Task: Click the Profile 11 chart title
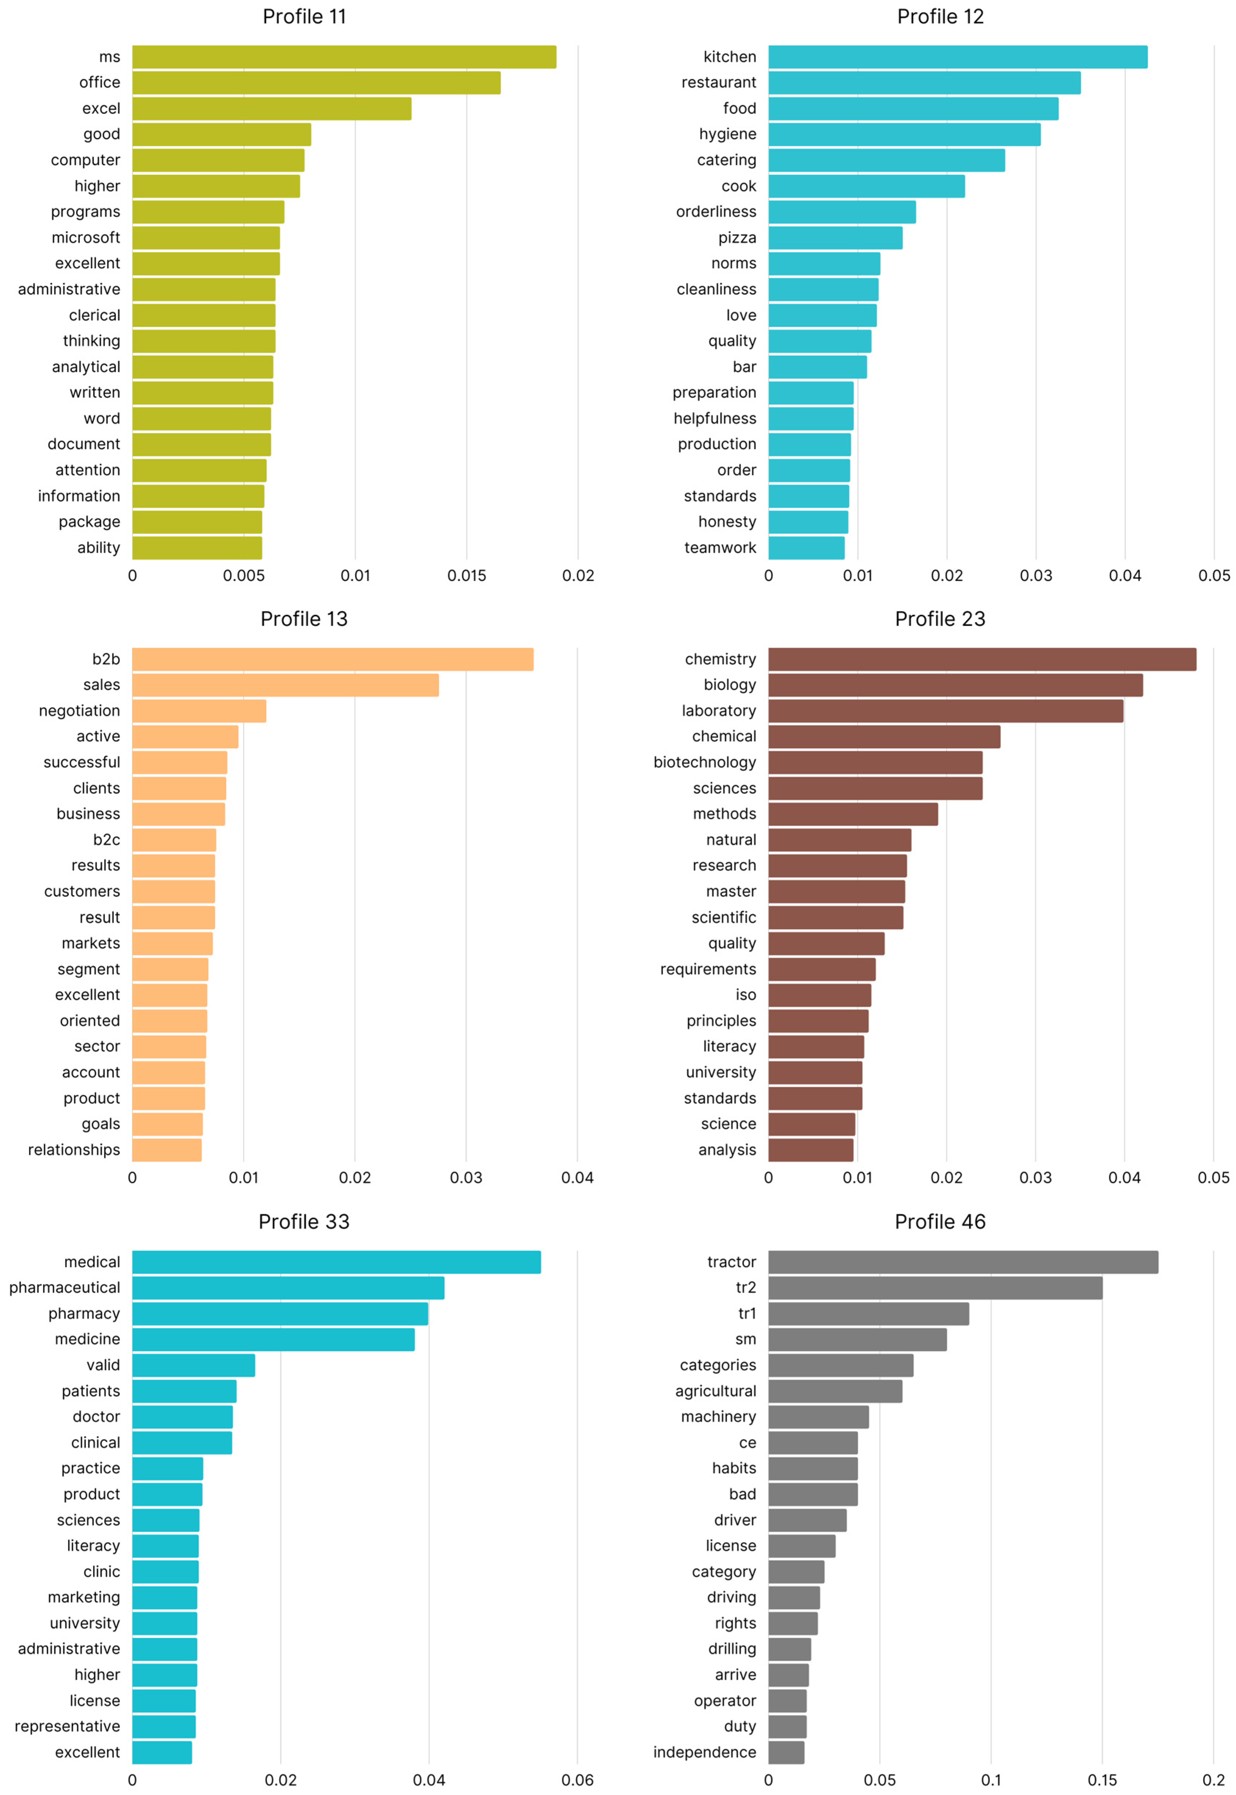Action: click(304, 16)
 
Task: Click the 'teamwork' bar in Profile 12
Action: click(806, 547)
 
